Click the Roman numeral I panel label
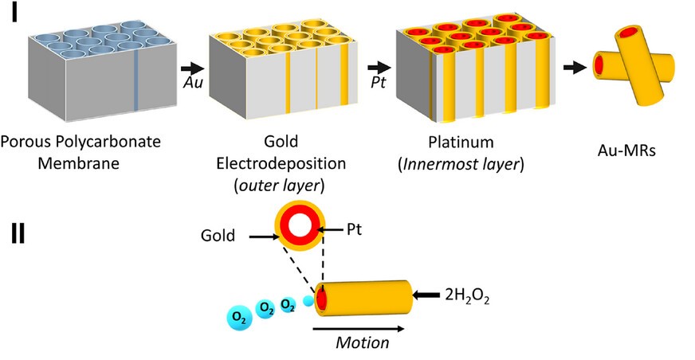[14, 13]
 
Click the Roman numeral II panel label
[18, 233]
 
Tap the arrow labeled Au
[193, 68]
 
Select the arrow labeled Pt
[379, 68]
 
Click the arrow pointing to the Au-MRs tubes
[575, 68]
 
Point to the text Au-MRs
[626, 151]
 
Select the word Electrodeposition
[281, 163]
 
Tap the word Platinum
[461, 142]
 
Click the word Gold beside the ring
[218, 235]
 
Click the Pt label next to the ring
[354, 229]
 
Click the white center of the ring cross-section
[300, 225]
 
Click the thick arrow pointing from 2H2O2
[426, 295]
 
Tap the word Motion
[362, 342]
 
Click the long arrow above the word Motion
[358, 329]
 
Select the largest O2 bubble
[239, 319]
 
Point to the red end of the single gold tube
[321, 299]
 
